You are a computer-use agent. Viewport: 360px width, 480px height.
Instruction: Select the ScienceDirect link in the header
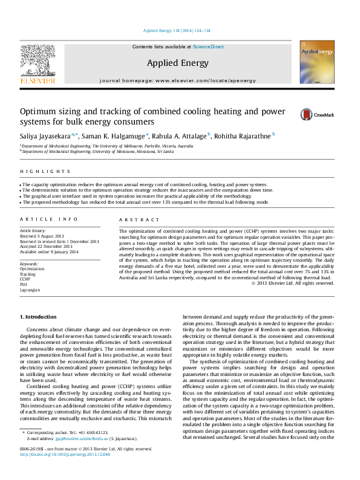click(209, 47)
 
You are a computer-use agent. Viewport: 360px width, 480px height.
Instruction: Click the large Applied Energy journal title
click(178, 63)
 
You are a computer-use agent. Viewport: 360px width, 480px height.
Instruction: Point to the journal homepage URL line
click(178, 80)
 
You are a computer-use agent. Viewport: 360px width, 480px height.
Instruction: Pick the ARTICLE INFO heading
click(41, 219)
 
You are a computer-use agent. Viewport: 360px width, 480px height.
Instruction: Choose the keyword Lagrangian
click(30, 290)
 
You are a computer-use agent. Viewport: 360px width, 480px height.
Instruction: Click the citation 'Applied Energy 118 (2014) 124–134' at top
click(176, 30)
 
